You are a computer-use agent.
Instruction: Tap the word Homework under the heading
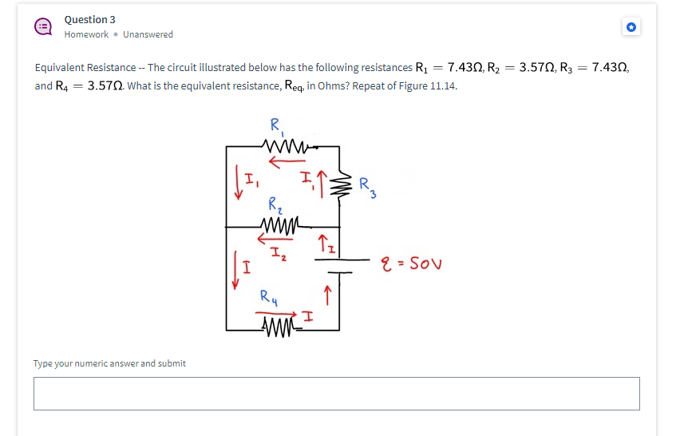pyautogui.click(x=86, y=34)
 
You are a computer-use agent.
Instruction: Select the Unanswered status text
pyautogui.click(x=148, y=34)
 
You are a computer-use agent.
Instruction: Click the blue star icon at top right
pyautogui.click(x=631, y=27)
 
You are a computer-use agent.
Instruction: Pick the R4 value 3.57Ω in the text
pyautogui.click(x=105, y=86)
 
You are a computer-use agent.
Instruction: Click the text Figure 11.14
pyautogui.click(x=430, y=86)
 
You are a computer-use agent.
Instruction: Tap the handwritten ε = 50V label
pyautogui.click(x=414, y=264)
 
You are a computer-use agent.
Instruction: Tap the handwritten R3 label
pyautogui.click(x=366, y=185)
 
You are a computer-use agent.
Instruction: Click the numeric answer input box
pyautogui.click(x=336, y=394)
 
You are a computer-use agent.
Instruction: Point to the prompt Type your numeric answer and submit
pyautogui.click(x=109, y=363)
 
